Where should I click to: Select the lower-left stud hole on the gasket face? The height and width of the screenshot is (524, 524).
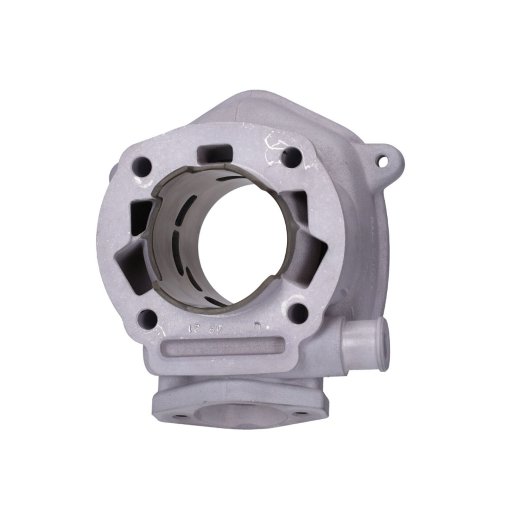click(x=147, y=319)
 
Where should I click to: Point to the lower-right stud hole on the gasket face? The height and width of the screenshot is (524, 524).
click(x=297, y=313)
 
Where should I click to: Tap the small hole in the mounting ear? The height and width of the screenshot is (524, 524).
click(x=383, y=161)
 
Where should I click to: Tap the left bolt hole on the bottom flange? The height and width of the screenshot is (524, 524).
click(x=180, y=415)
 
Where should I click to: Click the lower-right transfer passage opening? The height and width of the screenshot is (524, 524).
click(x=310, y=252)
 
